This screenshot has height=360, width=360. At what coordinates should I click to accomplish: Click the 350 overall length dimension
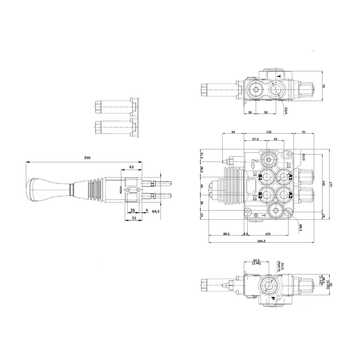coord(87,158)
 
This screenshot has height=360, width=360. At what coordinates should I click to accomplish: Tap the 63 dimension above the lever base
coord(131,167)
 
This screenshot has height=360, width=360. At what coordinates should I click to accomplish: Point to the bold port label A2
coord(290,194)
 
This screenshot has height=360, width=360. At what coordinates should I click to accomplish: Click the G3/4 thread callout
coord(286,111)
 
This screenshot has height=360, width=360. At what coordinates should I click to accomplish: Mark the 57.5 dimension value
coord(255,139)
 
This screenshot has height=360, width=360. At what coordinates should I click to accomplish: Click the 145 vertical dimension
coord(324,183)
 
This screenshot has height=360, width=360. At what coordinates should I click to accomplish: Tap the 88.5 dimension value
coord(226,234)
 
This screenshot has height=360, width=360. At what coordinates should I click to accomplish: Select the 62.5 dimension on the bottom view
coord(257,260)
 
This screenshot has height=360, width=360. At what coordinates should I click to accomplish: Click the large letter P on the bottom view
coord(273,298)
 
